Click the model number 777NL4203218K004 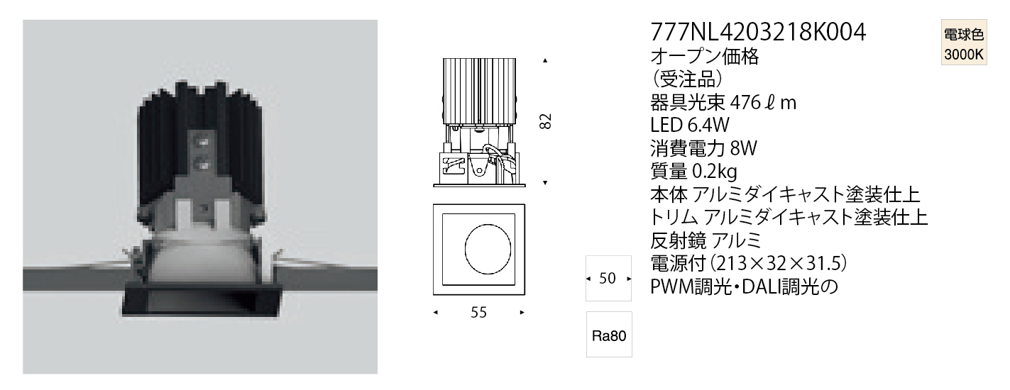point(758,32)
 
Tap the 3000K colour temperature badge point(964,43)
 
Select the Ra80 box point(609,335)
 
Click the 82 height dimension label point(546,121)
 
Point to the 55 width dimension point(478,312)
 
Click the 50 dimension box point(608,278)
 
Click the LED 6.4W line point(689,126)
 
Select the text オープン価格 point(704,56)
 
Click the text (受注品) point(687,79)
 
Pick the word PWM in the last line point(672,286)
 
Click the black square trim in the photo point(202,301)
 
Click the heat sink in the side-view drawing point(479,91)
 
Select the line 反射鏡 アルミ point(706,240)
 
